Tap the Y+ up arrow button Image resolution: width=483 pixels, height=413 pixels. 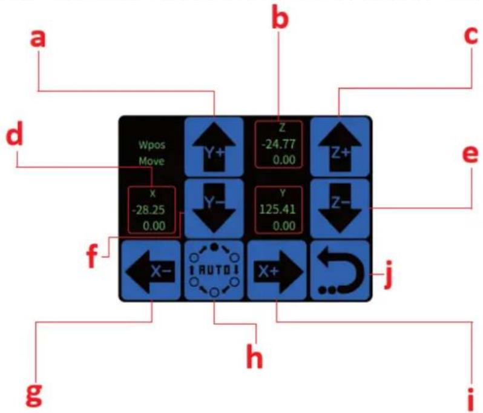pos(214,147)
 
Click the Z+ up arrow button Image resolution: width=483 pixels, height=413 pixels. pos(340,147)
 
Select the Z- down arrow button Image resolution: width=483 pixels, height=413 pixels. pos(340,209)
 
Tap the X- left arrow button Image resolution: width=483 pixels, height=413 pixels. pos(151,270)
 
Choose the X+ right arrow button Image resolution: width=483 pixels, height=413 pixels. pos(277,270)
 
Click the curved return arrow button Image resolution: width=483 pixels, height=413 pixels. pos(340,270)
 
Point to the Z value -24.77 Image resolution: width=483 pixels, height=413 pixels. pos(278,144)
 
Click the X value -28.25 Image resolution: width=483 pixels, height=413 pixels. pos(148,210)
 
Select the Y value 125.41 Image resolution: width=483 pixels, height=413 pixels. pos(278,210)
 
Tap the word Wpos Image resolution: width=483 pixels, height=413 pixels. pos(152,145)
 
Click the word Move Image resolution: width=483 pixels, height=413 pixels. pos(151,161)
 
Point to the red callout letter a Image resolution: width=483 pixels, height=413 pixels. pos(38,39)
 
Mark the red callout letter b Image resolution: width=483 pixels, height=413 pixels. pos(280,19)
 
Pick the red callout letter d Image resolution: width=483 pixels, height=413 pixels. pos(15,133)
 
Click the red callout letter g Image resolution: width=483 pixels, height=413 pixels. pos(34,395)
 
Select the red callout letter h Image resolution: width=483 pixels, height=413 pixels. pos(255,357)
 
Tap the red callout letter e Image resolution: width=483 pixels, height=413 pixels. pos(471,154)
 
